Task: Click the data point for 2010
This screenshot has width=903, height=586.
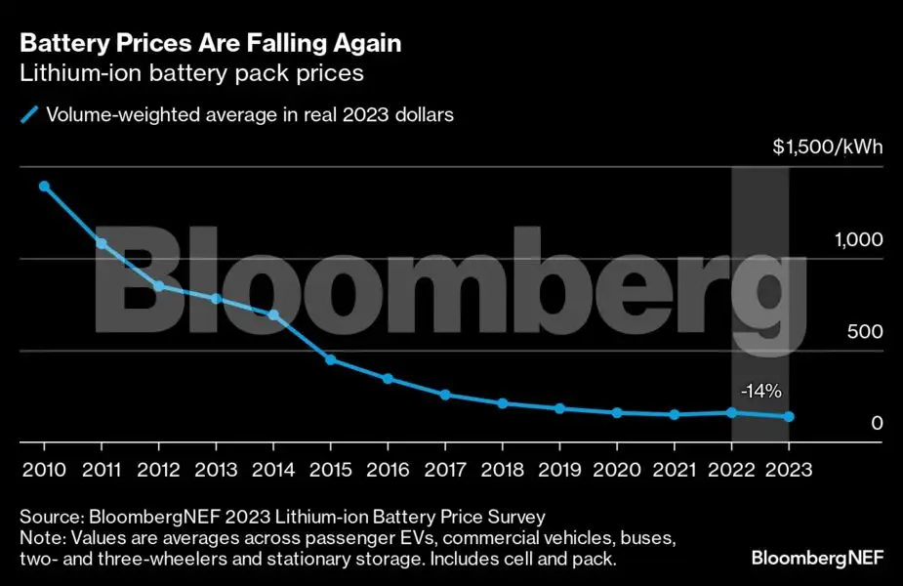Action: coord(44,186)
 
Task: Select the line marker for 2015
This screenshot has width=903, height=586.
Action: coord(331,359)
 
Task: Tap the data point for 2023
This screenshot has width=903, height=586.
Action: coord(789,417)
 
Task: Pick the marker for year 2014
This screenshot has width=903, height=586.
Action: coord(273,314)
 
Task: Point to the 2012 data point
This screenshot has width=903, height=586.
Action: coord(158,285)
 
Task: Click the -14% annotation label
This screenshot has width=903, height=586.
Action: coord(760,392)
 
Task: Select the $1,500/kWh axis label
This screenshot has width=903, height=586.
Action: coord(828,148)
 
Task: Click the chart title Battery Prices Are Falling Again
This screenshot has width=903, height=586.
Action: coord(211,44)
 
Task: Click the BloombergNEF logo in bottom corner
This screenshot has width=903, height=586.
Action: coord(817,558)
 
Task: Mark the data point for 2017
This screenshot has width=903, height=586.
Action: coord(445,395)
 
